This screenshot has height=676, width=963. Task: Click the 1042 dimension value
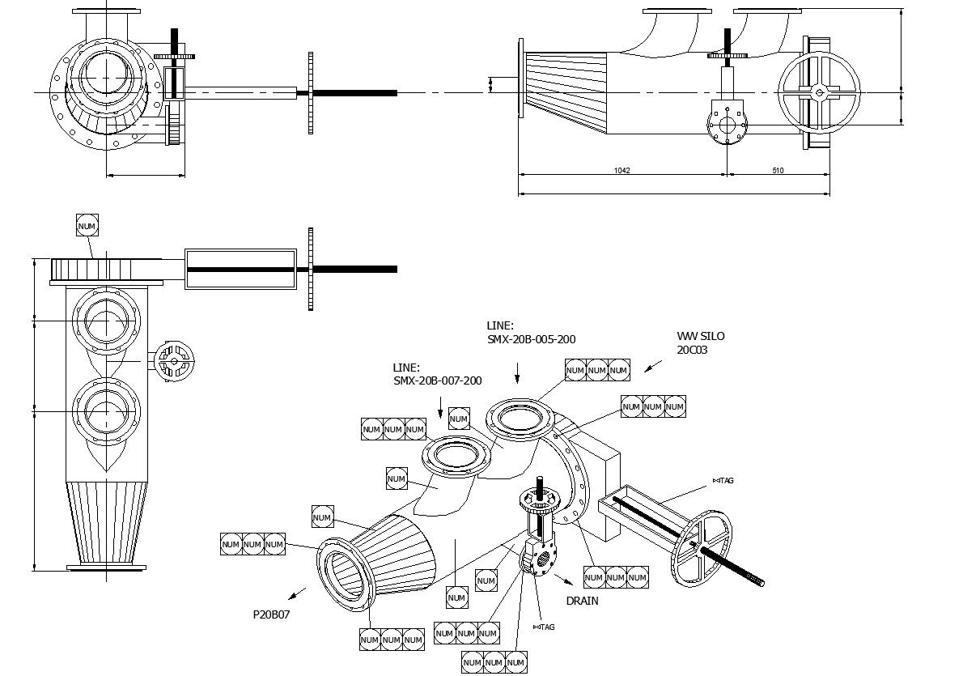pos(621,171)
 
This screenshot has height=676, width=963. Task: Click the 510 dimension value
pos(778,171)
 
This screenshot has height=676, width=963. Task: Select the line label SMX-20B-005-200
pos(531,339)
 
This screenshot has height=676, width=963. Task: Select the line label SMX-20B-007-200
pos(437,381)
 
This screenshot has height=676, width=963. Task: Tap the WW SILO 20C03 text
pos(701,342)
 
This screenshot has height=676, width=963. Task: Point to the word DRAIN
pos(582,601)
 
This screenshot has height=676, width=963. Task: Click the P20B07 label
pos(271,614)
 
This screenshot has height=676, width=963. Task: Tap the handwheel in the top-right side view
pos(819,92)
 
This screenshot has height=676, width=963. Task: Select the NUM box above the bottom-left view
pos(87,225)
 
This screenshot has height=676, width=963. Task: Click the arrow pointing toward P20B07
pos(297,593)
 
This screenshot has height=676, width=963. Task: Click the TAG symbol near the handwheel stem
pos(723,481)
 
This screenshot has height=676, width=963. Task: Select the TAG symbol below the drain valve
pos(543,627)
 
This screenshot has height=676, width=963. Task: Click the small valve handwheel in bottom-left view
pos(174,359)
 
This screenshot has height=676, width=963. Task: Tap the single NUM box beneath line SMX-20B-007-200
pos(459,419)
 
